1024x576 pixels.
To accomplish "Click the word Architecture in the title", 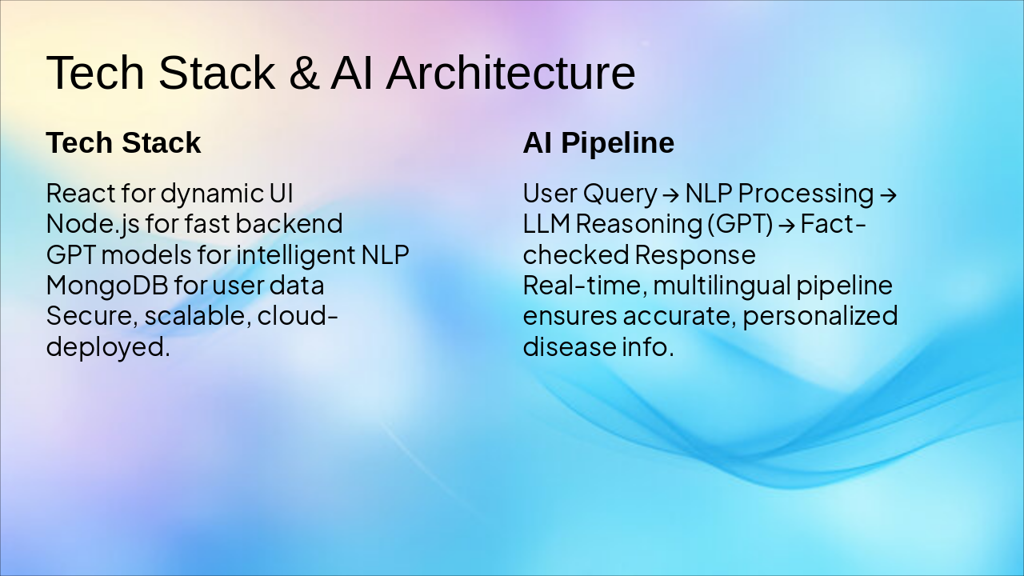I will coord(510,73).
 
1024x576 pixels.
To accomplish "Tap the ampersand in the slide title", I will coord(302,73).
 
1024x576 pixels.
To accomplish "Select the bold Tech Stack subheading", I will coord(123,143).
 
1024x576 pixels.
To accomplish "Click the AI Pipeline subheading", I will coord(598,143).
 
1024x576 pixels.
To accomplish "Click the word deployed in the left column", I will coord(107,347).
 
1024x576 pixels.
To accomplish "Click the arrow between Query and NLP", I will coord(670,194).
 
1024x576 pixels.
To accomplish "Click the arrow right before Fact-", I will coord(786,225).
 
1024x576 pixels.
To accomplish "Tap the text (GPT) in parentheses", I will coord(740,224).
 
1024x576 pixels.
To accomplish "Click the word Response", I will coord(694,254).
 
